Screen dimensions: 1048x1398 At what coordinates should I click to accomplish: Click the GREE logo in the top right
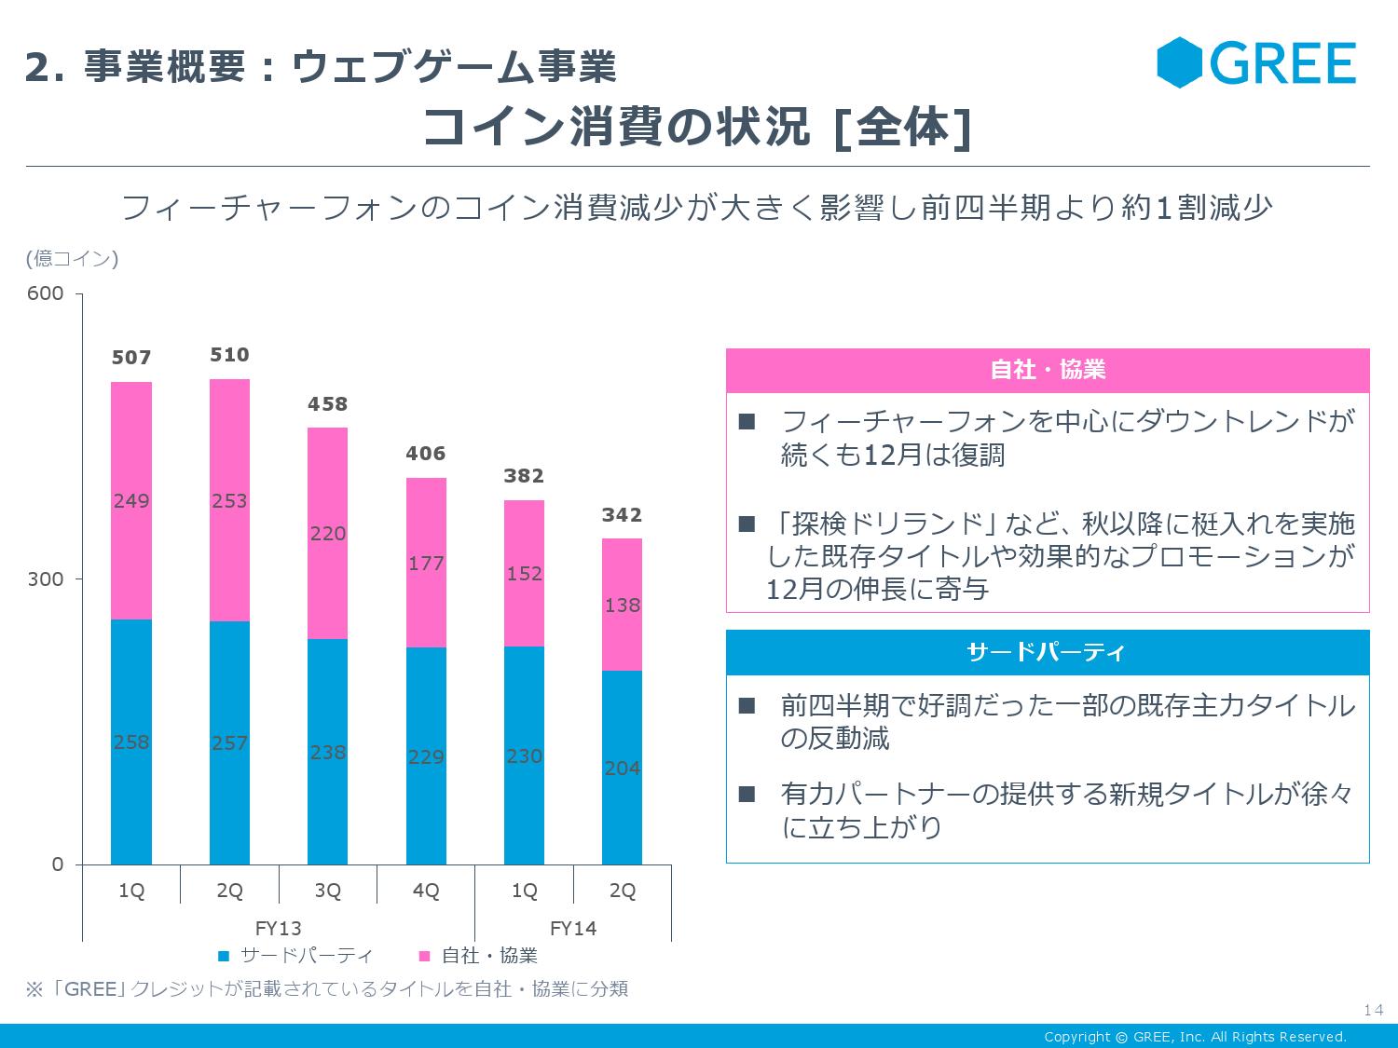pyautogui.click(x=1256, y=63)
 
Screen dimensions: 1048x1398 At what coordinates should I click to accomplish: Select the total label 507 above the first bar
pyautogui.click(x=131, y=358)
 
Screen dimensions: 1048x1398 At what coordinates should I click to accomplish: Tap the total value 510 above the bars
pyautogui.click(x=229, y=355)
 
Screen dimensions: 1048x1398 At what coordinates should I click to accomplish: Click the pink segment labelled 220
pyautogui.click(x=328, y=533)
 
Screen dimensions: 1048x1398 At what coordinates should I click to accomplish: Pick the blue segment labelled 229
pyautogui.click(x=426, y=755)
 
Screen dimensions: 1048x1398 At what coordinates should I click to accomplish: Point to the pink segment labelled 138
pyautogui.click(x=622, y=605)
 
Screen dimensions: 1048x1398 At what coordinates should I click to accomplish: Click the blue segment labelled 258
pyautogui.click(x=131, y=742)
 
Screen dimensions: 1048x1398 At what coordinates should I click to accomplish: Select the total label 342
pyautogui.click(x=622, y=515)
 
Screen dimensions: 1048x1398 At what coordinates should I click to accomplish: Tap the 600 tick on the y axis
pyautogui.click(x=45, y=293)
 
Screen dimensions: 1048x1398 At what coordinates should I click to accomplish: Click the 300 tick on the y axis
pyautogui.click(x=45, y=579)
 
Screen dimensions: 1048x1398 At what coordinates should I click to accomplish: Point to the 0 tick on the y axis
pyautogui.click(x=58, y=864)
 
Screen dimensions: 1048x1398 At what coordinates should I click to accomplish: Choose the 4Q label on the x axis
pyautogui.click(x=426, y=891)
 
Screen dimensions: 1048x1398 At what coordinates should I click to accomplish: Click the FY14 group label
pyautogui.click(x=573, y=928)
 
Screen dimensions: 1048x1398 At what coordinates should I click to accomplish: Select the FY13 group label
pyautogui.click(x=279, y=928)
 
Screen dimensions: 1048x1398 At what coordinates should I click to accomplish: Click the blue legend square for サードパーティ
pyautogui.click(x=224, y=956)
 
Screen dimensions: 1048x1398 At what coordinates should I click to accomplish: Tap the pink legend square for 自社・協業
pyautogui.click(x=424, y=956)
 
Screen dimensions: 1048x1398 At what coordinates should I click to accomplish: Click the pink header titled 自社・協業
pyautogui.click(x=1048, y=370)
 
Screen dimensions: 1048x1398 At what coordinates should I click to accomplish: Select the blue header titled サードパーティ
pyautogui.click(x=1048, y=652)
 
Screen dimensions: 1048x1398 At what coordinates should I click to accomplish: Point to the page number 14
pyautogui.click(x=1372, y=1011)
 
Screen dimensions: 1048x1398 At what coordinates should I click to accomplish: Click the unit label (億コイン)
pyautogui.click(x=73, y=258)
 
